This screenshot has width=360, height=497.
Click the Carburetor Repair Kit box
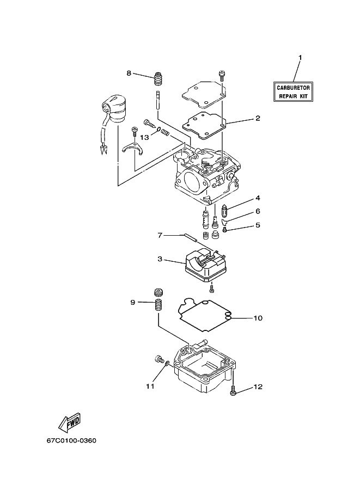[293, 91]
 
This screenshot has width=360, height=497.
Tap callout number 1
[300, 58]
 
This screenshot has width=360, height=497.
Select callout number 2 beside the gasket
[258, 118]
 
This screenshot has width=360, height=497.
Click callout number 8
[129, 73]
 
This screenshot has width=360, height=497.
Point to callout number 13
[144, 137]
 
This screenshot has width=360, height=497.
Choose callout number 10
[258, 318]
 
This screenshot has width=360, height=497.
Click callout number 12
[258, 386]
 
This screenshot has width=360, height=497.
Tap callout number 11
[150, 386]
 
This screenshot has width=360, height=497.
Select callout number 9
[133, 302]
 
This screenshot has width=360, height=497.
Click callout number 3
[160, 259]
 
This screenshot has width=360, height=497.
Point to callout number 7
[160, 235]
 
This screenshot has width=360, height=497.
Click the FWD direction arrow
[70, 422]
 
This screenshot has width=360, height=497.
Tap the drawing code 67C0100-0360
[71, 440]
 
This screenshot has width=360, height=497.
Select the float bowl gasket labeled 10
[205, 315]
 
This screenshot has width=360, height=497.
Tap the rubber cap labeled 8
[157, 79]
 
